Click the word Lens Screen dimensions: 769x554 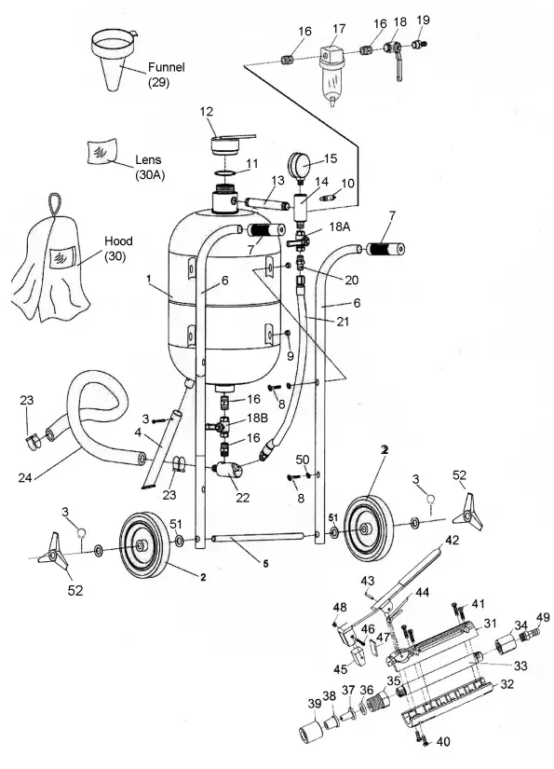[149, 159]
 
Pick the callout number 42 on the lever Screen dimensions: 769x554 [453, 541]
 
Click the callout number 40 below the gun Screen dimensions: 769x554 [441, 743]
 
